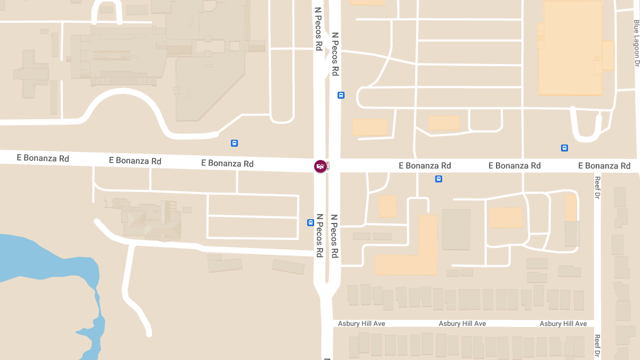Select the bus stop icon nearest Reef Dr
564,148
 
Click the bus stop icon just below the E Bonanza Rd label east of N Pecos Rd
438,179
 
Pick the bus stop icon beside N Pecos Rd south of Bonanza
310,222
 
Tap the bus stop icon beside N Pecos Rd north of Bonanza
341,95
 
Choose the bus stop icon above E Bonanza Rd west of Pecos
234,143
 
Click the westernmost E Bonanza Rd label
43,158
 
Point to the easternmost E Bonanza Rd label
604,166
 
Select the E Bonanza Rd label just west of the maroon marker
227,163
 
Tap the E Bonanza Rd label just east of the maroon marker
425,166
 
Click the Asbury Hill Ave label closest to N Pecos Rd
362,324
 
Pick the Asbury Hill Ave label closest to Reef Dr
563,324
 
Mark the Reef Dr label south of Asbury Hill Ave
597,346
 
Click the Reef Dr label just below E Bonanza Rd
597,188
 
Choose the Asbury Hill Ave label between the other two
462,324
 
